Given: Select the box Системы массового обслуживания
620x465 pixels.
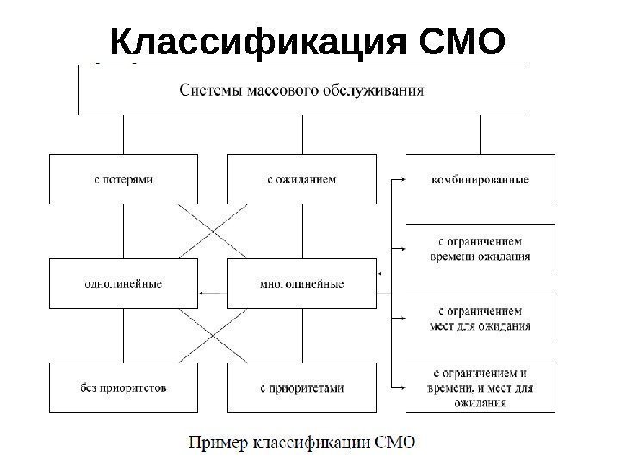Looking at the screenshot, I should click(x=301, y=90).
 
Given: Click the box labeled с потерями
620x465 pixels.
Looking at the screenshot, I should click(x=123, y=179).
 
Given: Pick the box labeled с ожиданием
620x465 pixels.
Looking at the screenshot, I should click(x=301, y=179).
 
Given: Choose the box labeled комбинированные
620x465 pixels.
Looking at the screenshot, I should click(x=480, y=179).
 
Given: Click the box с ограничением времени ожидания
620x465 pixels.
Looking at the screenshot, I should click(x=480, y=248).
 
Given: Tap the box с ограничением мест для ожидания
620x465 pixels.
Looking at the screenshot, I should click(x=480, y=318).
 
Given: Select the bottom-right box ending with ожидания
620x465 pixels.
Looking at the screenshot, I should click(x=480, y=387).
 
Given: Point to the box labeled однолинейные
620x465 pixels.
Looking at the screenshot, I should click(x=123, y=282).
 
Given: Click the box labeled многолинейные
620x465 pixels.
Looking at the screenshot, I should click(x=301, y=282).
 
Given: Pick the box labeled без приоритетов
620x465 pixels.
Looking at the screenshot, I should click(x=123, y=387).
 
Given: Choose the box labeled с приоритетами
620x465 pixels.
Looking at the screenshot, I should click(x=301, y=387).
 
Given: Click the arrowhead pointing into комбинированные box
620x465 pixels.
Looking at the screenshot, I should click(x=401, y=180).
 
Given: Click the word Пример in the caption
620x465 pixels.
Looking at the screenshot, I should click(x=220, y=443).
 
